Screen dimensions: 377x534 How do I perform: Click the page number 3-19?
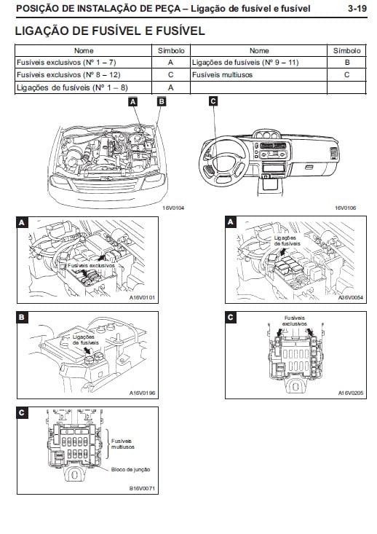coord(357,8)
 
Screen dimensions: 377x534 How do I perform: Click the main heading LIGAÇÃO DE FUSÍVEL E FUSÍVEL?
coord(110,31)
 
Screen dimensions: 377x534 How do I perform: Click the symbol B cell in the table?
coord(346,63)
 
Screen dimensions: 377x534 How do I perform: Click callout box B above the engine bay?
coord(162,101)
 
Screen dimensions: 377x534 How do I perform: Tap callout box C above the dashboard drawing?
coord(213,101)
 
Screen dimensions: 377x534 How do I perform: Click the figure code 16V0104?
coord(173,208)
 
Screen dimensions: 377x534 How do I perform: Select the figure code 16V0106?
coord(346,208)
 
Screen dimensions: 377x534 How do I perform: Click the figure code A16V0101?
coord(142,297)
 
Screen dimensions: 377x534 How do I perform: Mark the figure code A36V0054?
coord(351,297)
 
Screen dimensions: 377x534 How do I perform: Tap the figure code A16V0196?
coord(142,393)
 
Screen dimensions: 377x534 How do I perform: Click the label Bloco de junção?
coord(130,469)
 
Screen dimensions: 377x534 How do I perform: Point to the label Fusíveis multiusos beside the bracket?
coord(123,444)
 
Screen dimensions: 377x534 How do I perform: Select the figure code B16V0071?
coord(142,488)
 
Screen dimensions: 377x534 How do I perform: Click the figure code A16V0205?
coord(351,393)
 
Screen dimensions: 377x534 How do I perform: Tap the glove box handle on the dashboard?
coord(309,168)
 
